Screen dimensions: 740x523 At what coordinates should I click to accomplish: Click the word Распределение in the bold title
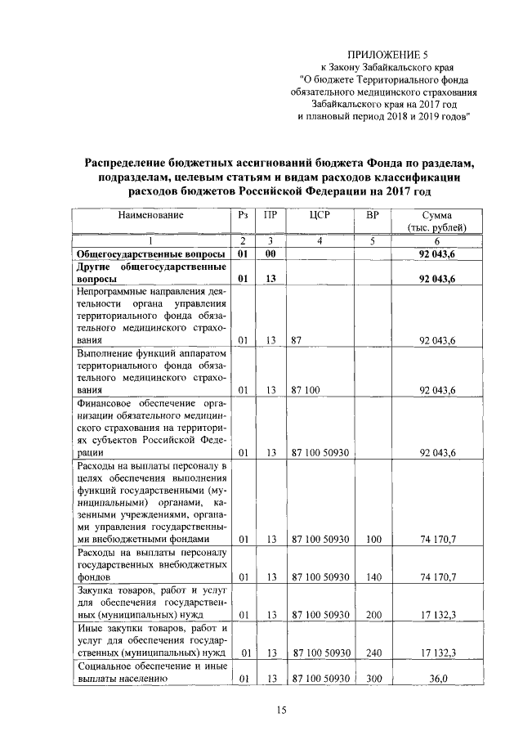(x=137, y=163)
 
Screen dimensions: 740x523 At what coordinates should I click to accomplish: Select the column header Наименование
(x=150, y=215)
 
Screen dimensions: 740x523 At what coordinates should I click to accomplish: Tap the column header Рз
(x=243, y=215)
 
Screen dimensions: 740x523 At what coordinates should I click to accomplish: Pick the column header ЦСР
(x=320, y=215)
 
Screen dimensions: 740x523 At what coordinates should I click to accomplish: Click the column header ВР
(x=373, y=215)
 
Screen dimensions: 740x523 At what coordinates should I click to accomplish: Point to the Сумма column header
(x=437, y=221)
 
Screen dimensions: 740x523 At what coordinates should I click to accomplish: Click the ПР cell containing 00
(x=270, y=254)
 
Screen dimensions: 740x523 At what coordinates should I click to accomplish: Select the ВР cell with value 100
(x=373, y=539)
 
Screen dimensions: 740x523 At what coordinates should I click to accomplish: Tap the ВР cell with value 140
(x=373, y=576)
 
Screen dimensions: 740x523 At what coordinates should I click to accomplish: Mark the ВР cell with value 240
(x=373, y=652)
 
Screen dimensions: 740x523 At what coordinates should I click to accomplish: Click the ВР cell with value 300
(x=373, y=679)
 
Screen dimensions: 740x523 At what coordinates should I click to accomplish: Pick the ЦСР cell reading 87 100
(x=305, y=391)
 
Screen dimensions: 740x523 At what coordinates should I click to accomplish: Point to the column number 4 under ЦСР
(x=320, y=241)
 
